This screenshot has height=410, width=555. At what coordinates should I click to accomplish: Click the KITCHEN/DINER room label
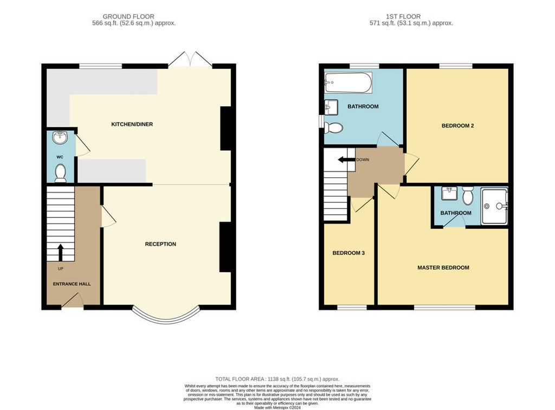[x=132, y=124]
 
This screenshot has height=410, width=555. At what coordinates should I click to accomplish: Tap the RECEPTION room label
[x=160, y=244]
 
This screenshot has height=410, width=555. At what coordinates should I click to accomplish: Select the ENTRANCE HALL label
[x=72, y=284]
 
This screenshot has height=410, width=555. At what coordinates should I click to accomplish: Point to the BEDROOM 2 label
[x=457, y=126]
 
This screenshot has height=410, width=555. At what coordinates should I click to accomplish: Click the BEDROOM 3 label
[x=349, y=253]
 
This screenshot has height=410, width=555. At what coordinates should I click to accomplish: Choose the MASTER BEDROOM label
[x=443, y=268]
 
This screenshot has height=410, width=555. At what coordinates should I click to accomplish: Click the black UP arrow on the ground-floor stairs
[x=60, y=252]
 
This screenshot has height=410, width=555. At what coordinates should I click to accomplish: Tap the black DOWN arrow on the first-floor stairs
[x=346, y=159]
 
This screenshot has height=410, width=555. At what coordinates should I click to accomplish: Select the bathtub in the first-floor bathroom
[x=349, y=83]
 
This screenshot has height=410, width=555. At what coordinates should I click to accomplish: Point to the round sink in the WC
[x=60, y=138]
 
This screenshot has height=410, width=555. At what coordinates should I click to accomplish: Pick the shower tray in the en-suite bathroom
[x=494, y=206]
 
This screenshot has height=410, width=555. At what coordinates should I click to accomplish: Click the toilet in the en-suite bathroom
[x=468, y=195]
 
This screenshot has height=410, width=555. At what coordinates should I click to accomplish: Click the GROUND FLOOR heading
[x=128, y=16]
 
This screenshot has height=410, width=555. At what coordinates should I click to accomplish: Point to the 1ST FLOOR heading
[x=403, y=16]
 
